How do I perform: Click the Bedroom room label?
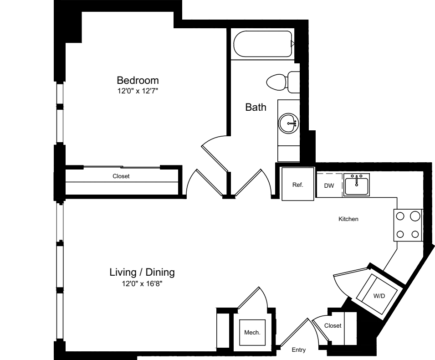(138, 81)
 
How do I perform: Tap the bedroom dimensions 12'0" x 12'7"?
(138, 91)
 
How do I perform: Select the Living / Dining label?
(142, 273)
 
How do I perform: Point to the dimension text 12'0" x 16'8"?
(142, 283)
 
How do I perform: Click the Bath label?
(256, 108)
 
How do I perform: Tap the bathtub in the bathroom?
(262, 44)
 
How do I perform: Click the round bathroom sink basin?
(288, 123)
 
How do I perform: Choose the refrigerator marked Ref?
(297, 185)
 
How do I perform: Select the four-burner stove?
(408, 225)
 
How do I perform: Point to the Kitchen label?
(348, 219)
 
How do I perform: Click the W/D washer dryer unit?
(379, 296)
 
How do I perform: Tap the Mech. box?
(252, 333)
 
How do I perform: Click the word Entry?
(299, 350)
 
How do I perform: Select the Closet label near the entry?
(333, 326)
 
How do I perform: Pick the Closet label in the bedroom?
(121, 176)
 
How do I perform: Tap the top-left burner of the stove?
(401, 216)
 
